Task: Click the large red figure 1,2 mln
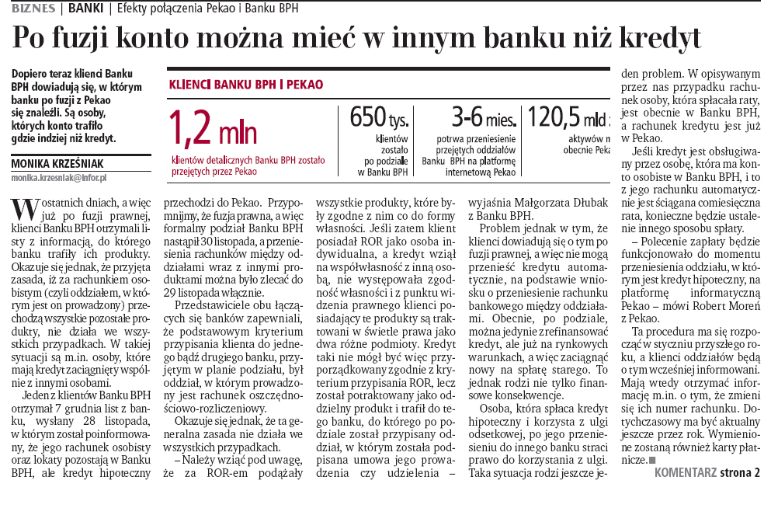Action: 212,127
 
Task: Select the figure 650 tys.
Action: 379,118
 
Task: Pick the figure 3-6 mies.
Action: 484,119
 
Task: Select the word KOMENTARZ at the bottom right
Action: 686,473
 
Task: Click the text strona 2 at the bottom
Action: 741,473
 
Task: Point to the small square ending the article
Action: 651,459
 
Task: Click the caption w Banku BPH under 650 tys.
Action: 383,172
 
